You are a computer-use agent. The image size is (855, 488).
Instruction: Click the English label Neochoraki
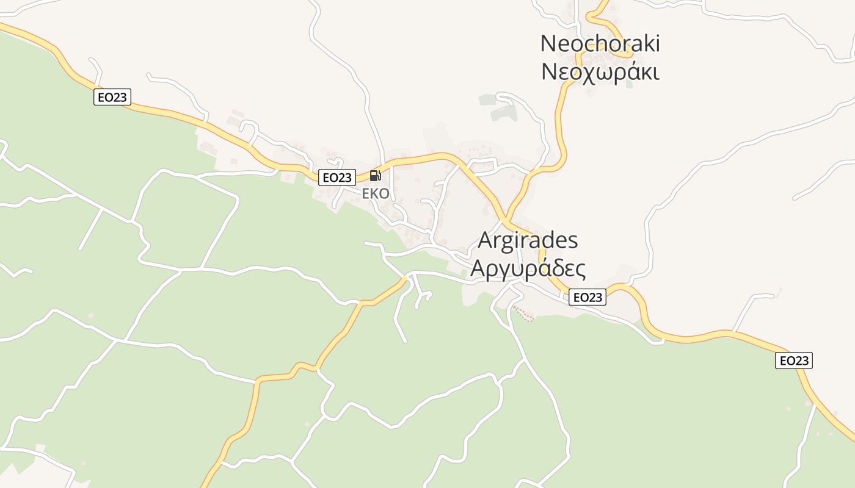click(x=600, y=43)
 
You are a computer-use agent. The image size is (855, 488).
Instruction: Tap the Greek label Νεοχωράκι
click(x=600, y=72)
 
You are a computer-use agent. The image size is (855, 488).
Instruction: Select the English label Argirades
click(x=528, y=240)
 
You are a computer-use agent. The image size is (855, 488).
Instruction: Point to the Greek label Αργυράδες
click(x=528, y=268)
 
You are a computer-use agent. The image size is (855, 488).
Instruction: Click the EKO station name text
click(x=376, y=193)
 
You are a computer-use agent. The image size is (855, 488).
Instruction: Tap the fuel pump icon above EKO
click(x=376, y=176)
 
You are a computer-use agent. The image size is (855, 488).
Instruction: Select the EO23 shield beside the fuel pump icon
click(x=337, y=178)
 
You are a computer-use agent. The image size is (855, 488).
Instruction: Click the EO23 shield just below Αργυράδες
click(x=587, y=297)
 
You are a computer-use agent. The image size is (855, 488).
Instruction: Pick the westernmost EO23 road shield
click(x=112, y=97)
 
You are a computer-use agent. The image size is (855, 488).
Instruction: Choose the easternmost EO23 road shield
click(x=794, y=361)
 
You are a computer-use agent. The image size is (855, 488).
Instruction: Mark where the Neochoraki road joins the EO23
click(x=506, y=220)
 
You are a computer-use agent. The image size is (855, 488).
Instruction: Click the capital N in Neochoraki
click(x=548, y=43)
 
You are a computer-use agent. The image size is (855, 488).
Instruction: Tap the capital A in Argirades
click(x=485, y=240)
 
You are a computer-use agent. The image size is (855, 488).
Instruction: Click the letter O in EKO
click(x=384, y=193)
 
